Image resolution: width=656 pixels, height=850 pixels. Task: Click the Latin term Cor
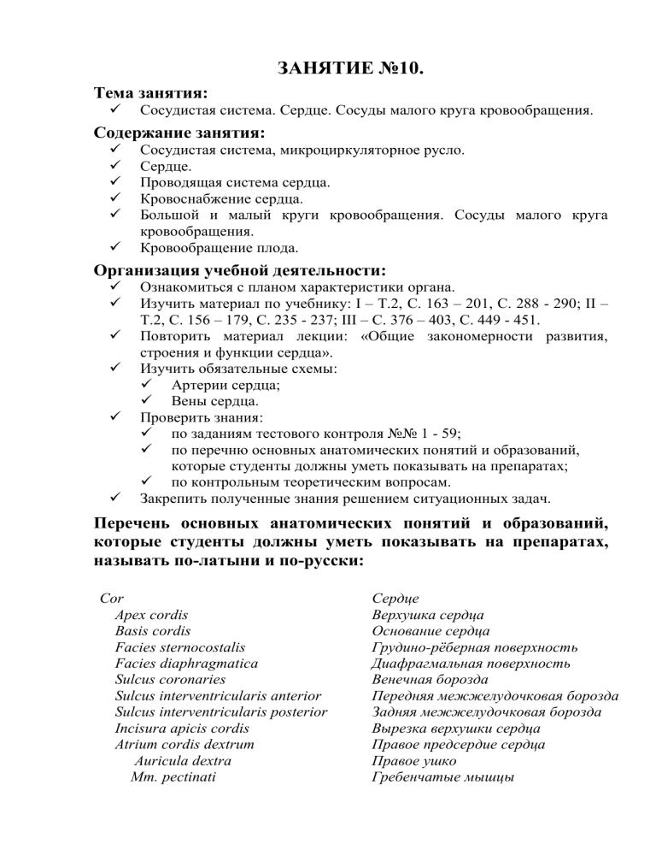pyautogui.click(x=112, y=598)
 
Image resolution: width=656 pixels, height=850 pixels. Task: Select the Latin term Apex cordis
pyautogui.click(x=151, y=614)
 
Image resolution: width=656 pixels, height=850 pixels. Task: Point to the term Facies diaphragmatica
pyautogui.click(x=186, y=663)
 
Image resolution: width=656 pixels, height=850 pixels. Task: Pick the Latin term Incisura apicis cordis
pyautogui.click(x=182, y=728)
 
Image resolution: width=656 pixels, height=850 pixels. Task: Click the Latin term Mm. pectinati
pyautogui.click(x=173, y=776)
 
